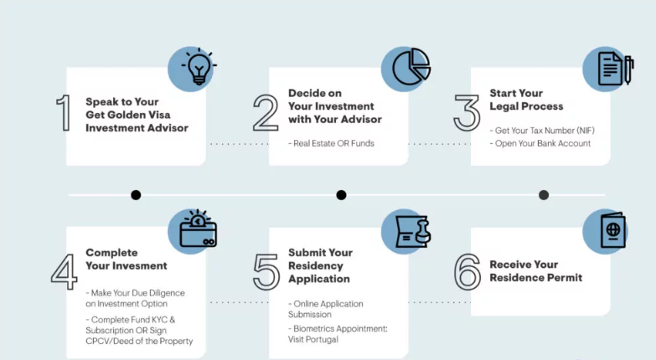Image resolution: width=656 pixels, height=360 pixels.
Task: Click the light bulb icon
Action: [199, 67]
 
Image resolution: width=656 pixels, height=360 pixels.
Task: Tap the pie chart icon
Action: [411, 66]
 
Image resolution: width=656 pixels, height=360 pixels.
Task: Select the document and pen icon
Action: [616, 69]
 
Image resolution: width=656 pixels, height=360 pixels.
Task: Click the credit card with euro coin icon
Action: [198, 229]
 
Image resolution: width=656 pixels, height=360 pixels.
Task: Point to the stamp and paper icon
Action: [413, 231]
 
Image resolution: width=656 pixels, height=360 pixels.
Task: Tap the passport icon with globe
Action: [613, 230]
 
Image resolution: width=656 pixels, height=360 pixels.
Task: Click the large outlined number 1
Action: [64, 112]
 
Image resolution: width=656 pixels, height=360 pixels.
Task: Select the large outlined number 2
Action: [266, 113]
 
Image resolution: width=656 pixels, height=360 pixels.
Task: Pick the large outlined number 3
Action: [467, 113]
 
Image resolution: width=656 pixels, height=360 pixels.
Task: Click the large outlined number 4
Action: [64, 272]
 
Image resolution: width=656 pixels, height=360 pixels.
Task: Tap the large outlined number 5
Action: [266, 272]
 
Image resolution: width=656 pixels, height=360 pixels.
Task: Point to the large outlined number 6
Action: [467, 272]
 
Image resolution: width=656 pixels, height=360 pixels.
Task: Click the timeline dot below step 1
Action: [136, 195]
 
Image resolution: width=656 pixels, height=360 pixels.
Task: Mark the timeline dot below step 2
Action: [341, 195]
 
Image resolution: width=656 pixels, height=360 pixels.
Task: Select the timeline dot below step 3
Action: [544, 195]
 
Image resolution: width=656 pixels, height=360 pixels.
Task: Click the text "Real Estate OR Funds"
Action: [333, 143]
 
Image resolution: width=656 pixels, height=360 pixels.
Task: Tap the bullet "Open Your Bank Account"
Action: [543, 143]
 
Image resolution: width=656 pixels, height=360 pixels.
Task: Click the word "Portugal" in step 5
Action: [322, 340]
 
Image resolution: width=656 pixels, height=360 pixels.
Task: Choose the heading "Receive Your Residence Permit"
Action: [536, 271]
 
